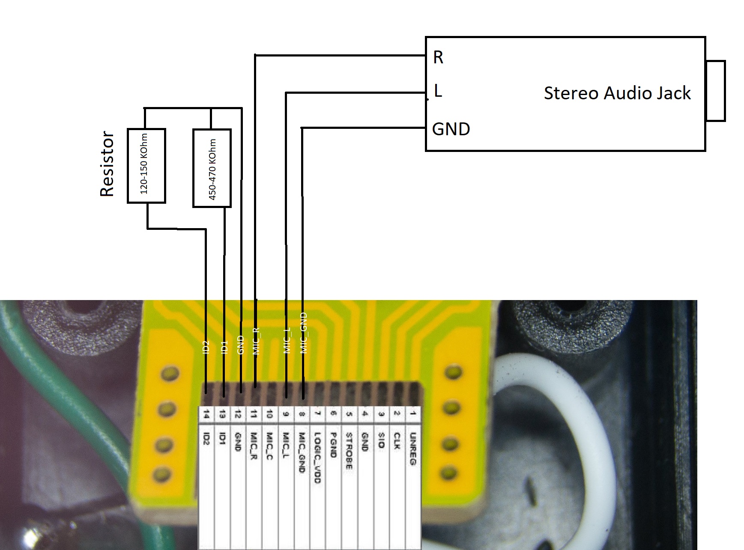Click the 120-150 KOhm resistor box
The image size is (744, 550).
(x=146, y=165)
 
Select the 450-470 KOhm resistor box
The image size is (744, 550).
(x=212, y=168)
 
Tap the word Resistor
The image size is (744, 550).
(x=107, y=164)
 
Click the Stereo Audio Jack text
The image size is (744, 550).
(x=617, y=93)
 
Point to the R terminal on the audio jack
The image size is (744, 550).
(x=438, y=57)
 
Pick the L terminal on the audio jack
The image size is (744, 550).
(x=437, y=91)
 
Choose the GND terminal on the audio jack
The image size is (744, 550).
(x=451, y=129)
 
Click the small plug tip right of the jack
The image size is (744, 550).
(x=715, y=91)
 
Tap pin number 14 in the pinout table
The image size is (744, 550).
(x=206, y=414)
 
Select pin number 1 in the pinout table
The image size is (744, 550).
(x=413, y=414)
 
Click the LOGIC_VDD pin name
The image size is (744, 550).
(x=317, y=457)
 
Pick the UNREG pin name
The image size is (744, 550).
(x=413, y=449)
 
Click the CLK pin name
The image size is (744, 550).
(x=397, y=441)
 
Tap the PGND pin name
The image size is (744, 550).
(x=333, y=445)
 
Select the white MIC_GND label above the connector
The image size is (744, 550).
(x=304, y=333)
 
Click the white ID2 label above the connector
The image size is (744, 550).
(x=206, y=347)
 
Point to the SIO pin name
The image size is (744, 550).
(x=381, y=440)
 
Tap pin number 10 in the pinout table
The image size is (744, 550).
(x=269, y=414)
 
